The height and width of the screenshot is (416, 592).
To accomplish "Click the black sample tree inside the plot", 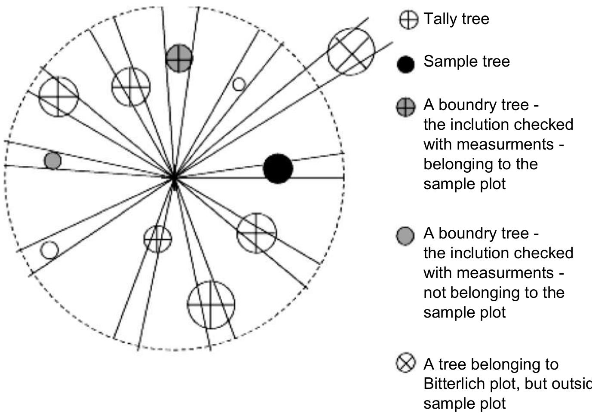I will tap(278, 168).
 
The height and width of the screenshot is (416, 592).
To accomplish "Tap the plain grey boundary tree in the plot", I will tap(53, 160).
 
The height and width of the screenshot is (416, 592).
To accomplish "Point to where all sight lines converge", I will tap(174, 177).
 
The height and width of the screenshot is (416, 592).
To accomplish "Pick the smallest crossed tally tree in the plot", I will tap(157, 239).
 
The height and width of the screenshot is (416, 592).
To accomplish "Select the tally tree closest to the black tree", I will tap(257, 233).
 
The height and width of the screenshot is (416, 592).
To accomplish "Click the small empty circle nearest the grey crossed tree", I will tap(239, 84).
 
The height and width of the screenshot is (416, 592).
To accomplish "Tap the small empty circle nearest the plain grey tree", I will tap(49, 250).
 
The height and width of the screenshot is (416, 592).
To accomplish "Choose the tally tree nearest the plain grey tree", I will tap(58, 96).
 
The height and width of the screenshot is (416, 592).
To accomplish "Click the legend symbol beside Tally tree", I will tap(408, 20).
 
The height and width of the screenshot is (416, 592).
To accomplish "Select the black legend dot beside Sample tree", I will tap(406, 64).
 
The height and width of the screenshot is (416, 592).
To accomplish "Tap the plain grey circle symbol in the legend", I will tap(405, 236).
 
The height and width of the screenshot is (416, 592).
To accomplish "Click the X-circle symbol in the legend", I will tap(406, 363).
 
